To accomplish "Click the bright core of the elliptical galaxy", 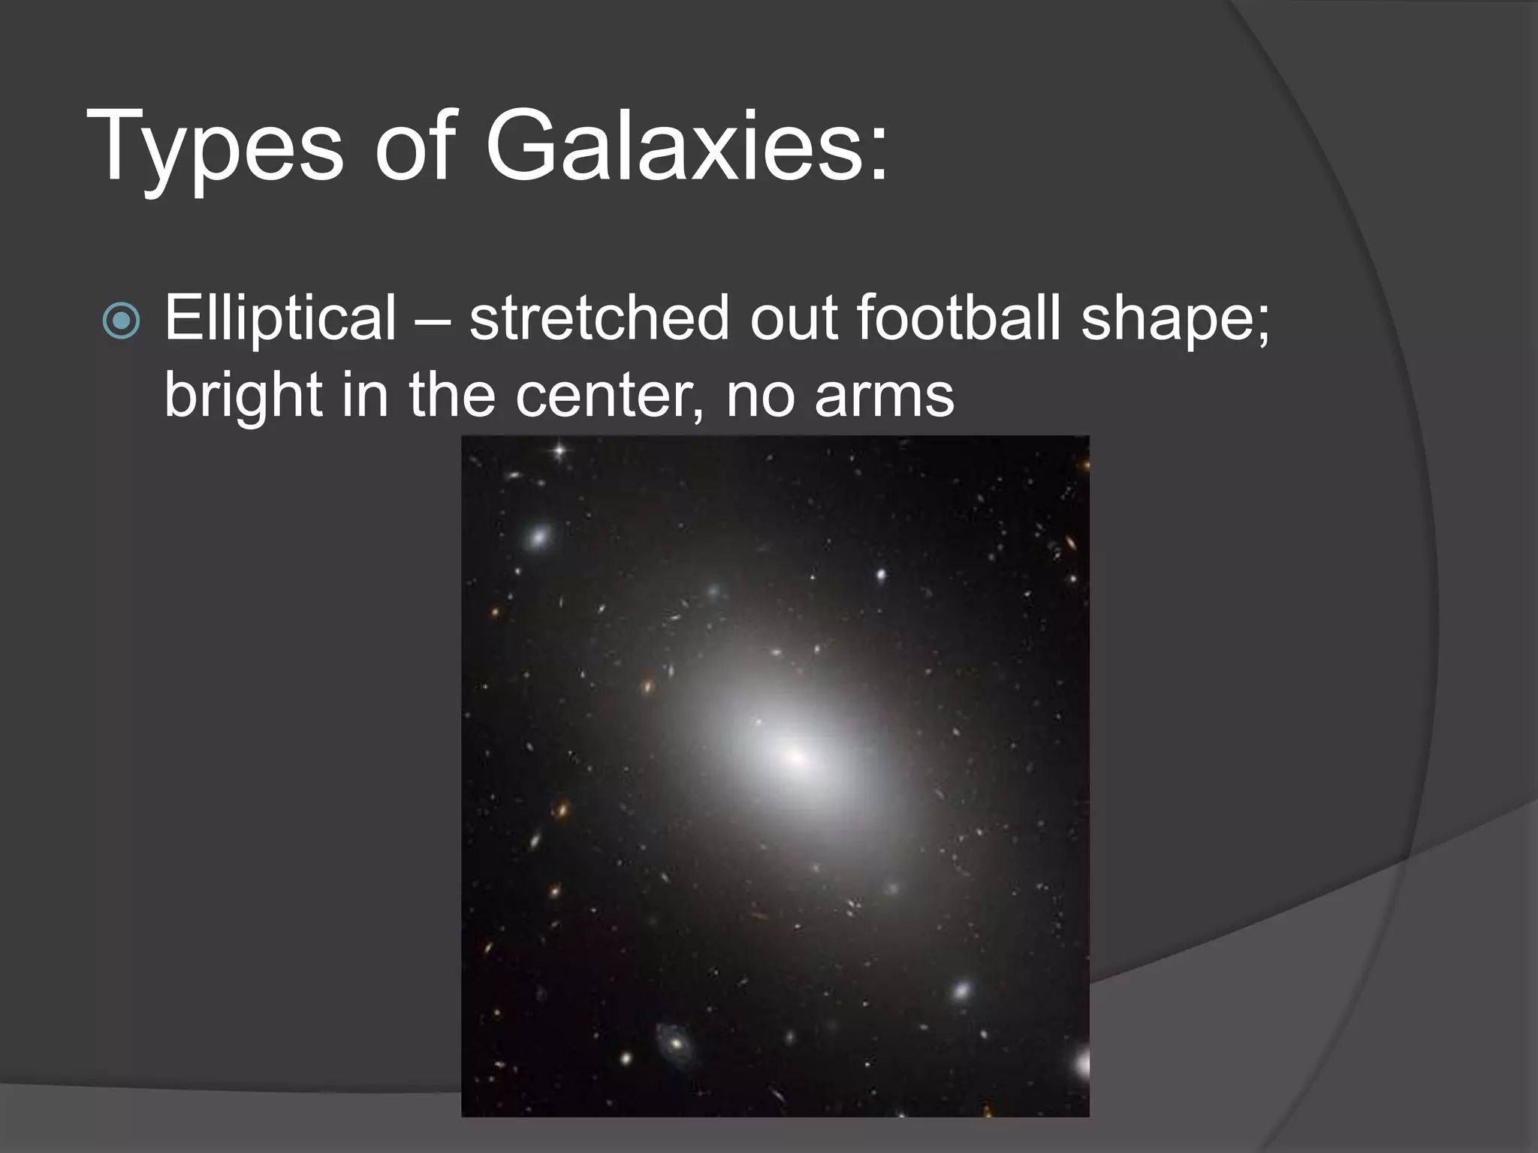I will click(x=795, y=757).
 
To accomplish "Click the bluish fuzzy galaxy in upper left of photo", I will click(x=538, y=537).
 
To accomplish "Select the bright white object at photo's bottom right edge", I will click(x=1082, y=1064).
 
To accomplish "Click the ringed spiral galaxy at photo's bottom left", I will click(x=674, y=1043).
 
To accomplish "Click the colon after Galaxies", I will click(x=878, y=154).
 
